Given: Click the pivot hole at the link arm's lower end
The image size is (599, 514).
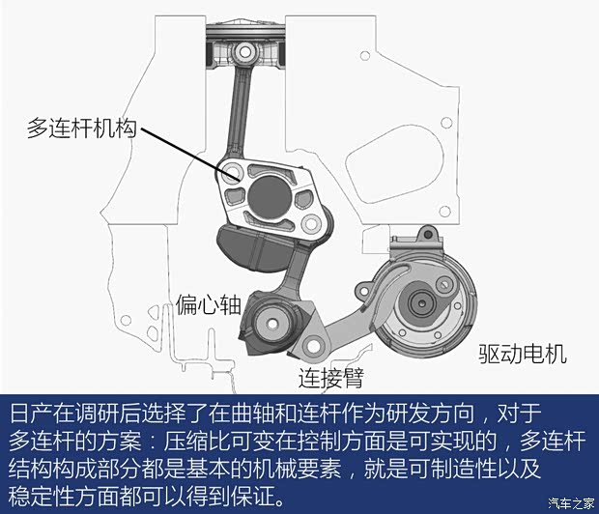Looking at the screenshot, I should [x=311, y=345].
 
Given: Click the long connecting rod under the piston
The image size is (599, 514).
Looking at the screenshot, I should [x=239, y=111].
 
